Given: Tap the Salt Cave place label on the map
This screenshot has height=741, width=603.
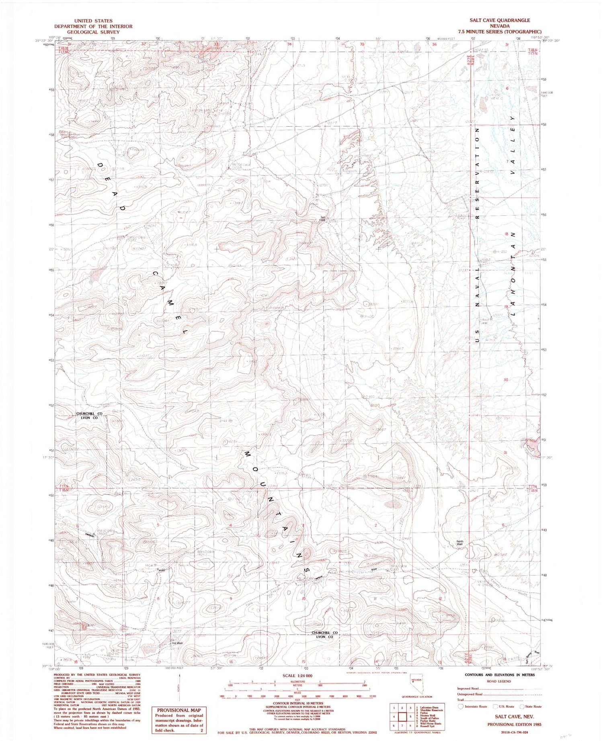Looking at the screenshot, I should click(x=322, y=219).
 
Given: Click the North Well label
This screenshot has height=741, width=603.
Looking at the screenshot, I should click(x=460, y=543).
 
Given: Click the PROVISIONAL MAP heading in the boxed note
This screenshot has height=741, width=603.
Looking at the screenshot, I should click(x=179, y=710).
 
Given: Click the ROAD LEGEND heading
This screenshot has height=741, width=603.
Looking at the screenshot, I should click(x=498, y=681).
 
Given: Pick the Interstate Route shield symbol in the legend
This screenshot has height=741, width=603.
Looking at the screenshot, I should click(x=461, y=706).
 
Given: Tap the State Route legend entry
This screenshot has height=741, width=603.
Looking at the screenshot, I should click(x=531, y=706).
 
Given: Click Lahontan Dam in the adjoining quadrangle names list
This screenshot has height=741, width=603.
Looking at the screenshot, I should click(x=430, y=707).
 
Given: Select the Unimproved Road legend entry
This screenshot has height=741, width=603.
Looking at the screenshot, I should click(x=470, y=694).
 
